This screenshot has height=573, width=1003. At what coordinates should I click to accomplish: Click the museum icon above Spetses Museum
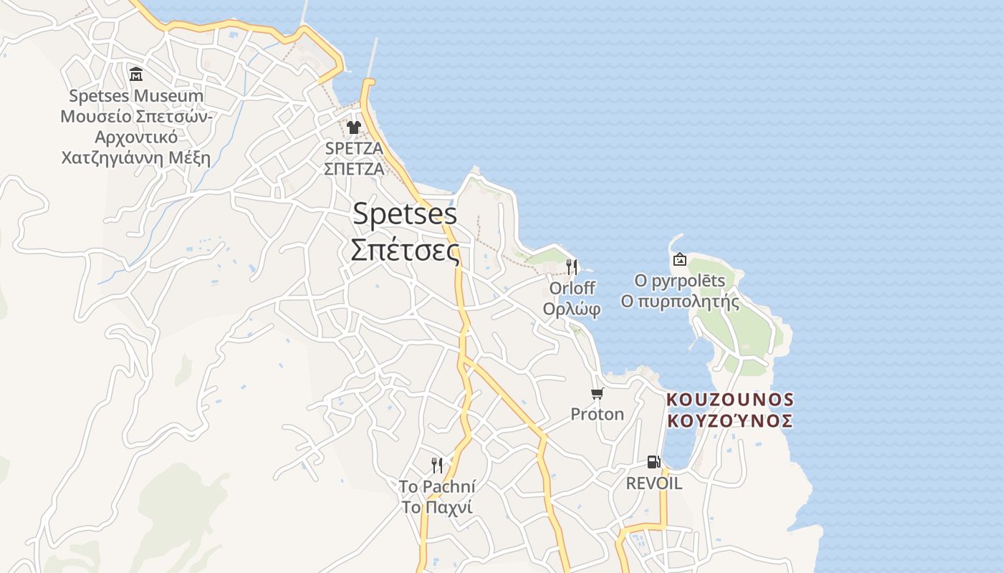[x=136, y=74]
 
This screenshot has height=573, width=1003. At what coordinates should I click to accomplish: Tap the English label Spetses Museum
[x=136, y=96]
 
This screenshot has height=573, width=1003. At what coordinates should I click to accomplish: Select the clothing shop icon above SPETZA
[x=354, y=127]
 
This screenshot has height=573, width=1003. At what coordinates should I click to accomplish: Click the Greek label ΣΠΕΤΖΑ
[x=354, y=169]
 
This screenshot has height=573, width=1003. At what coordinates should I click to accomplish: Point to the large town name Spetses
[x=405, y=214]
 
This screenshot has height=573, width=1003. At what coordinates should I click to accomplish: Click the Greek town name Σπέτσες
[x=405, y=249]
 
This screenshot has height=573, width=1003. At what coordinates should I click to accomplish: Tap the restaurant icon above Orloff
[x=572, y=267]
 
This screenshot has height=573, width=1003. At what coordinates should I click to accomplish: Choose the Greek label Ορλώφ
[x=572, y=309]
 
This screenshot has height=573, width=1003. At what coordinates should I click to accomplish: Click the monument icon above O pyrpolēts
[x=679, y=259]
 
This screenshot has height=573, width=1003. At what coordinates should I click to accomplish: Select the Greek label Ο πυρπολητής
[x=680, y=302]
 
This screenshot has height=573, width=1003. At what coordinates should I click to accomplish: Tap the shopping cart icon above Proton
[x=597, y=393]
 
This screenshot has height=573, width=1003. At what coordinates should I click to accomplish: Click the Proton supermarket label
[x=597, y=414]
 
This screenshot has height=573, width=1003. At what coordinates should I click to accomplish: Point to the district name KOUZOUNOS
[x=730, y=399]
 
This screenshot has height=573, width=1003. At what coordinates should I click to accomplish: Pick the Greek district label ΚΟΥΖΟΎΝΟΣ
[x=730, y=420]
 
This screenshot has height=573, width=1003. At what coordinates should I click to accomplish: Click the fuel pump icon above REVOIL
[x=653, y=462]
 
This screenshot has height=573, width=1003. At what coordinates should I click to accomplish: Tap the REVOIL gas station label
[x=653, y=483]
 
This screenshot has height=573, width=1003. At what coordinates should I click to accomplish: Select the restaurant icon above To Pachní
[x=436, y=466]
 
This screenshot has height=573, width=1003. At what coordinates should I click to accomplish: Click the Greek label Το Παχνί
[x=436, y=508]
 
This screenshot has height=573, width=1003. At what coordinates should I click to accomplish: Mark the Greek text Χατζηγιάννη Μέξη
[x=136, y=158]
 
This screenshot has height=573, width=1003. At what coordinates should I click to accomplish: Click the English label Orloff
[x=572, y=288]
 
